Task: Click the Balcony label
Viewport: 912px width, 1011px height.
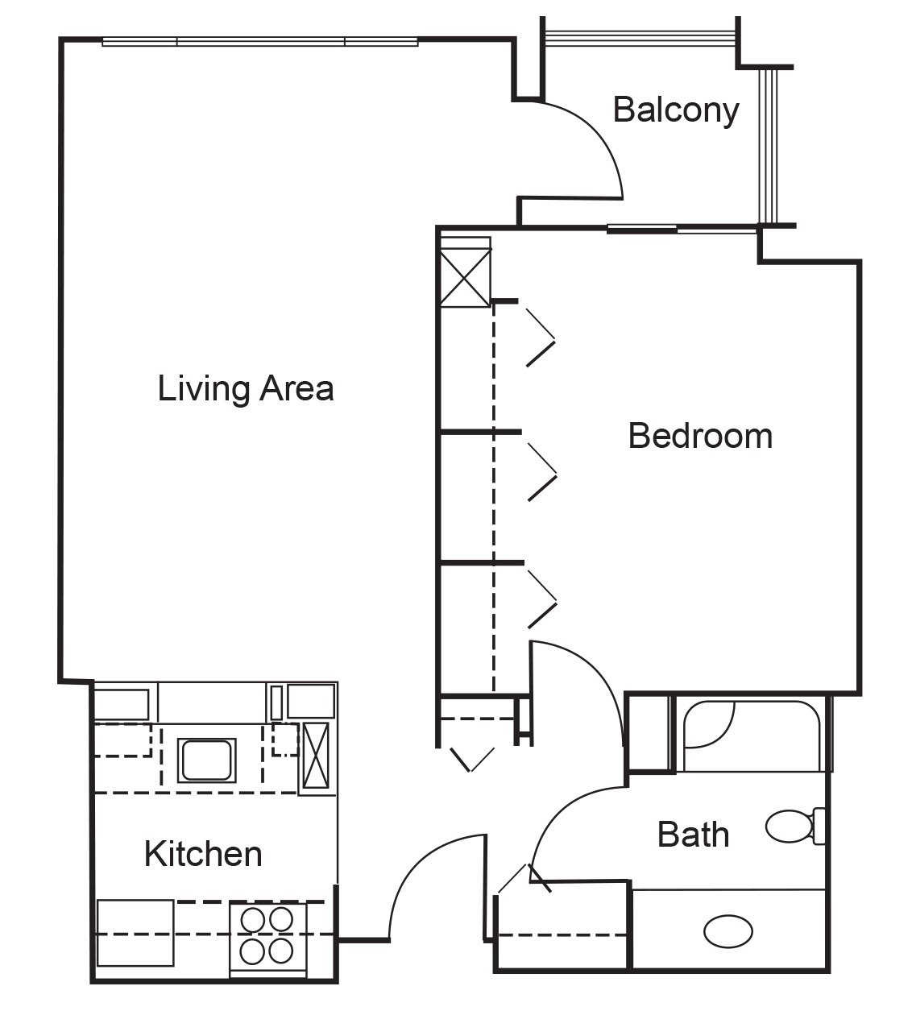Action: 676,110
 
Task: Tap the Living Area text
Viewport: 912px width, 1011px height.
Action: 246,388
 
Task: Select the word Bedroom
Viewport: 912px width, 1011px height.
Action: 700,436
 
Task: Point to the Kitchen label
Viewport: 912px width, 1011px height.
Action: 203,854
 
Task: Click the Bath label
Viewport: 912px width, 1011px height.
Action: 693,834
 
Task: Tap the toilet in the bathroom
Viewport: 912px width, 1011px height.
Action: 795,826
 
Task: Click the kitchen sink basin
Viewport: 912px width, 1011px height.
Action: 207,760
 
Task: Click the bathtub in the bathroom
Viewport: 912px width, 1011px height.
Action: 751,735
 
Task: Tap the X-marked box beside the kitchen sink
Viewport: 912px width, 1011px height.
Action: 315,756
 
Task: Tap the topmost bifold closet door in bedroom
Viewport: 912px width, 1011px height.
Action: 541,338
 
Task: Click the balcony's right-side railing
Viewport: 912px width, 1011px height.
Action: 768,146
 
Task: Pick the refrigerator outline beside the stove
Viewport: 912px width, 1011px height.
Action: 135,933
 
